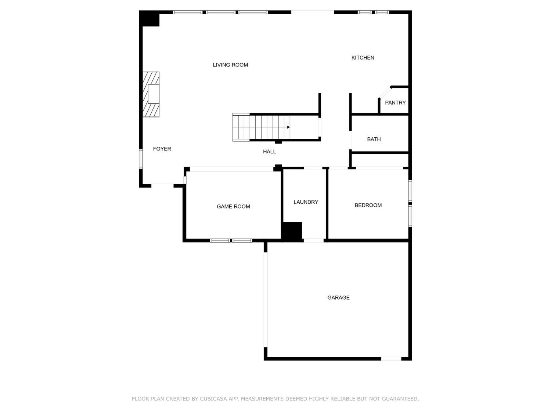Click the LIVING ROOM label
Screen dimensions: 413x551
click(x=230, y=65)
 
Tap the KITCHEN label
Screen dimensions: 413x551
click(x=363, y=58)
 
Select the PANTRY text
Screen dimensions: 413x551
click(x=395, y=103)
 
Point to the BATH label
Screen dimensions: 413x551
click(x=374, y=140)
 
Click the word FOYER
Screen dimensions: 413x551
click(x=162, y=149)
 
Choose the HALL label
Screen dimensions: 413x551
click(x=269, y=152)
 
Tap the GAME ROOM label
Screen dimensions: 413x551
click(x=233, y=207)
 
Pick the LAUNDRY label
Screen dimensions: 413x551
click(x=306, y=202)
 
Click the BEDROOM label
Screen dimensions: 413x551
click(x=368, y=205)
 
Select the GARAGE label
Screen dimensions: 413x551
click(x=338, y=298)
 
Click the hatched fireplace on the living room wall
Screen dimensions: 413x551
click(x=151, y=94)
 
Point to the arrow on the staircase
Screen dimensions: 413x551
click(x=288, y=127)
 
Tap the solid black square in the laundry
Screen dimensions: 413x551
click(x=292, y=231)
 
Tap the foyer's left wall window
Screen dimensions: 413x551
click(x=141, y=159)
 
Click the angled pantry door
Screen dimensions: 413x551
click(x=385, y=92)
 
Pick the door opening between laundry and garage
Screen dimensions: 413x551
click(x=314, y=240)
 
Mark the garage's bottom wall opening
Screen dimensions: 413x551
click(x=391, y=359)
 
